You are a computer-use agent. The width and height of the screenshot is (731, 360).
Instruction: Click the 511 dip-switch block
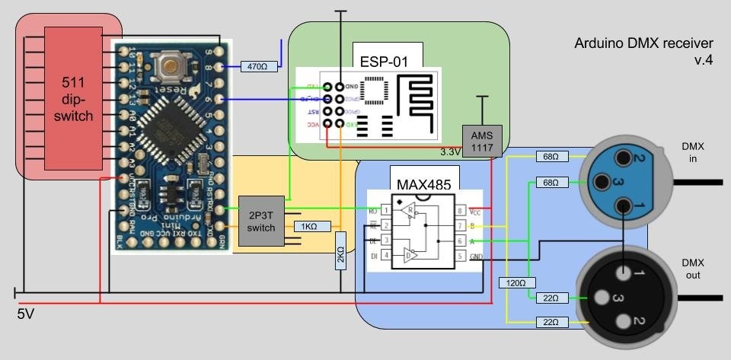(74, 98)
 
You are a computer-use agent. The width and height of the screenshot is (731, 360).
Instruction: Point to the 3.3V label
(450, 152)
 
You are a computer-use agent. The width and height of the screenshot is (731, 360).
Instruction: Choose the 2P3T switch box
(261, 221)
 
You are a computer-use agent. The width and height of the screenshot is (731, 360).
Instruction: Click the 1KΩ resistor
(309, 227)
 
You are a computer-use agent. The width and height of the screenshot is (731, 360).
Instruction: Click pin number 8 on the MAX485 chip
(460, 210)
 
